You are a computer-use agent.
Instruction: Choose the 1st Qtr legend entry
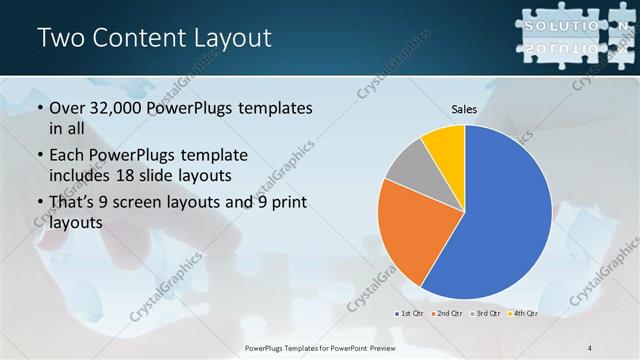[x=410, y=313]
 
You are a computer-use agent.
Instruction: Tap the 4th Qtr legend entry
[x=523, y=313]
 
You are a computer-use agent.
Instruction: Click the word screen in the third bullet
[x=158, y=203]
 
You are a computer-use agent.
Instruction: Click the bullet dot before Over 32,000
[x=39, y=108]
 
